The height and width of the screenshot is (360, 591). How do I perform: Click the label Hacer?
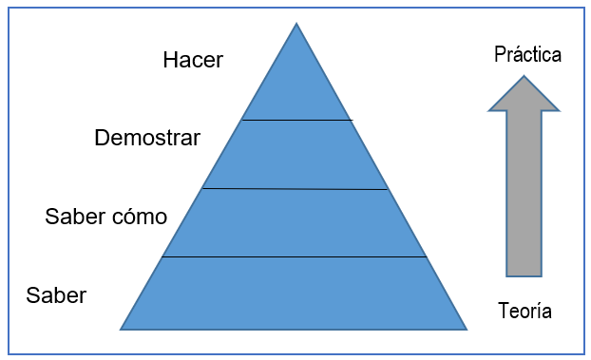pyautogui.click(x=193, y=61)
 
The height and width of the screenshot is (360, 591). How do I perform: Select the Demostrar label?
pyautogui.click(x=147, y=139)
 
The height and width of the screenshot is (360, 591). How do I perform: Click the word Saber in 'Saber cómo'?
pyautogui.click(x=74, y=217)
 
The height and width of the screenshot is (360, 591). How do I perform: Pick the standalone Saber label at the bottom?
pyautogui.click(x=56, y=295)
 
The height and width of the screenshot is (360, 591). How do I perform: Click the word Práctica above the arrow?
pyautogui.click(x=527, y=54)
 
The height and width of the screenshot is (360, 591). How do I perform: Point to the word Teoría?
pyautogui.click(x=524, y=311)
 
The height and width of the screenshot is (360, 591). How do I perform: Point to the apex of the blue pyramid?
pyautogui.click(x=296, y=26)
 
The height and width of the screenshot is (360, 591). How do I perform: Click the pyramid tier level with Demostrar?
pyautogui.click(x=296, y=155)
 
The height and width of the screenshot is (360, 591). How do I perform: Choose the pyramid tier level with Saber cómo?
pyautogui.click(x=296, y=223)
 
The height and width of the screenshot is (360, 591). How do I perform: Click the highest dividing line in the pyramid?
pyautogui.click(x=296, y=121)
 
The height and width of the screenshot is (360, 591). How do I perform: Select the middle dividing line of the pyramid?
pyautogui.click(x=296, y=189)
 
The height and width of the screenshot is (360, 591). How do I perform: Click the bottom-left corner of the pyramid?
pyautogui.click(x=123, y=329)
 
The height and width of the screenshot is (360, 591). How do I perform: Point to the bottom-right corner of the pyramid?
pyautogui.click(x=466, y=329)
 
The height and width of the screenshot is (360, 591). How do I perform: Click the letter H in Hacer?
pyautogui.click(x=171, y=61)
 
